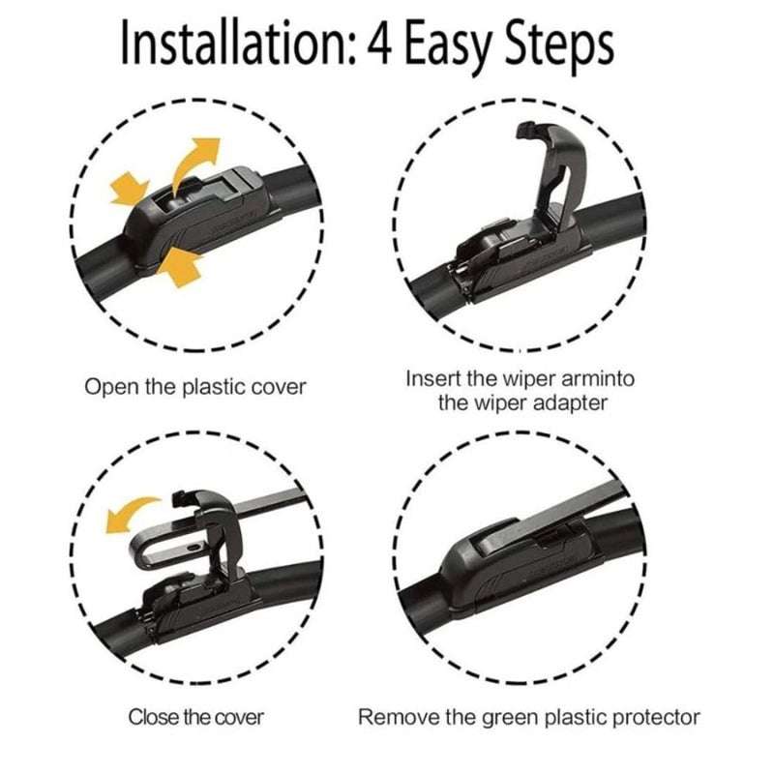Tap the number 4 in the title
pos(380,43)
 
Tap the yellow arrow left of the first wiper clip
pos(129,189)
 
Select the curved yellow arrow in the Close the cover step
pos(130,514)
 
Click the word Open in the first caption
pos(111,387)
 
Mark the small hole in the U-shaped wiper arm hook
pos(194,548)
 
